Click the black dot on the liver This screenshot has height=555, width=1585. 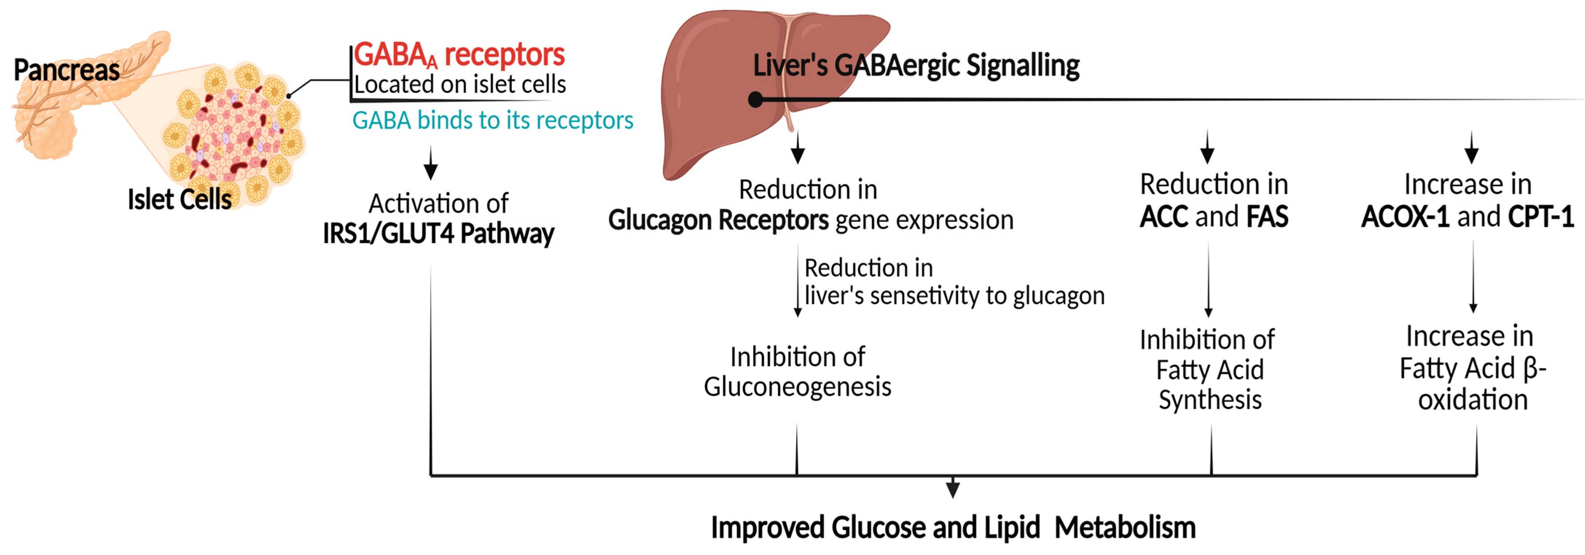pyautogui.click(x=756, y=100)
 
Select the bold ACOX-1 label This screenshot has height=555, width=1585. pyautogui.click(x=1405, y=217)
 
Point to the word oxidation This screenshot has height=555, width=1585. pyautogui.click(x=1472, y=400)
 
